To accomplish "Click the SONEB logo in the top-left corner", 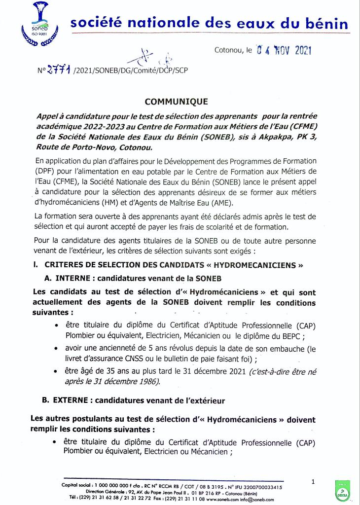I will pyautogui.click(x=36, y=24).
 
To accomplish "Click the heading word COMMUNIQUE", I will pyautogui.click(x=176, y=102).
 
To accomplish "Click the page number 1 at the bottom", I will pyautogui.click(x=313, y=481).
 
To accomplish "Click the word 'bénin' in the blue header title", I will pyautogui.click(x=326, y=23).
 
